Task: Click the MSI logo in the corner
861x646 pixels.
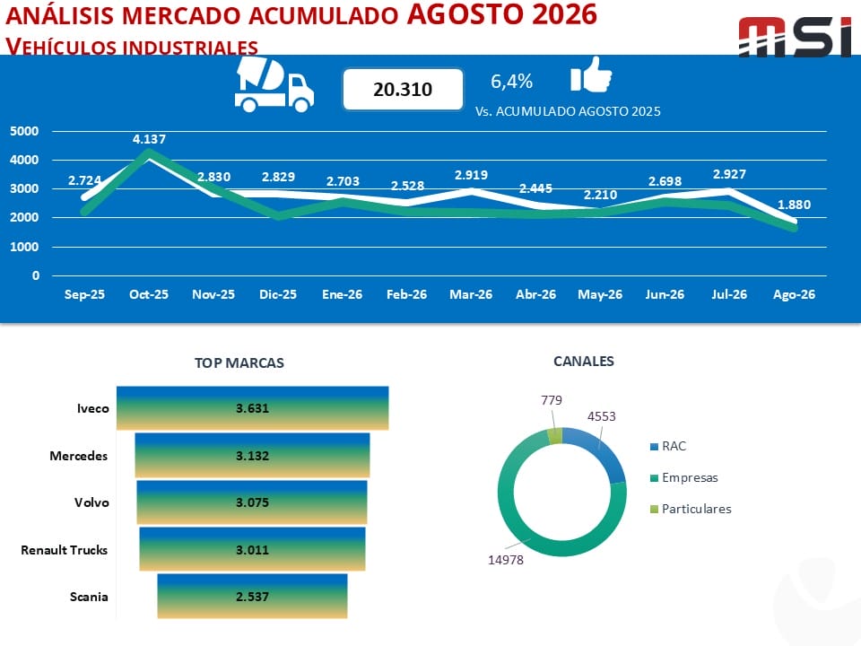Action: pyautogui.click(x=795, y=37)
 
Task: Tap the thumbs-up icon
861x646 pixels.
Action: pyautogui.click(x=591, y=74)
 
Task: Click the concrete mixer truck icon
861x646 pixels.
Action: pyautogui.click(x=274, y=84)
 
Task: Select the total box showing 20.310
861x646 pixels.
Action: pyautogui.click(x=403, y=89)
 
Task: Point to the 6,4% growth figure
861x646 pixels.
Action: pyautogui.click(x=511, y=82)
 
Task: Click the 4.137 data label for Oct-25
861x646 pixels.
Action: pyautogui.click(x=149, y=139)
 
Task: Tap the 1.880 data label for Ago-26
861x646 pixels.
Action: pyautogui.click(x=794, y=205)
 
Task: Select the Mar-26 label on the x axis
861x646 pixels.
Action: pyautogui.click(x=471, y=294)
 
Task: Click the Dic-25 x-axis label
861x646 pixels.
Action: pyautogui.click(x=278, y=294)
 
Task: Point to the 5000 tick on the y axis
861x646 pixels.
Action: pyautogui.click(x=24, y=131)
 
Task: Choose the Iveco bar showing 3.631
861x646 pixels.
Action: pyautogui.click(x=253, y=408)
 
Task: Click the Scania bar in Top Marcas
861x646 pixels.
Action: pyautogui.click(x=253, y=597)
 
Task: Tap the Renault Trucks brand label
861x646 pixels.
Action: pyautogui.click(x=65, y=550)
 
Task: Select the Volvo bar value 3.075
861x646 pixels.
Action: pyautogui.click(x=253, y=502)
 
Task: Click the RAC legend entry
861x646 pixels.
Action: pyautogui.click(x=668, y=446)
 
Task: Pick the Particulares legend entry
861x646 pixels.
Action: pyautogui.click(x=691, y=509)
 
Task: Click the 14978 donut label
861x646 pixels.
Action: pyautogui.click(x=506, y=560)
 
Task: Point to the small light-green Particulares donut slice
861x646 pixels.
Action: pyautogui.click(x=555, y=436)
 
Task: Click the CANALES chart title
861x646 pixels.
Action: pyautogui.click(x=584, y=361)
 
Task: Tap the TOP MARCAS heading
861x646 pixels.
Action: pyautogui.click(x=239, y=362)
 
